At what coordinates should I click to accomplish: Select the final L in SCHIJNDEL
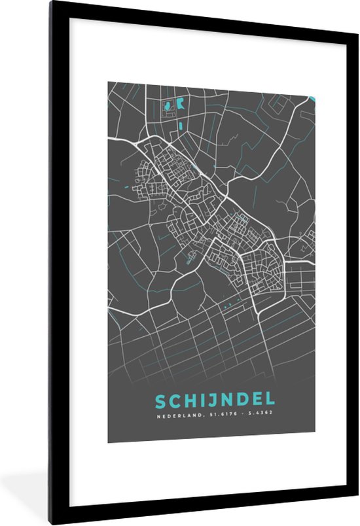(270, 400)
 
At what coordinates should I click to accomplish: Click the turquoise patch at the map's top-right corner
(312, 99)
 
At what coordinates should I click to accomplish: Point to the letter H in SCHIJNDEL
(189, 400)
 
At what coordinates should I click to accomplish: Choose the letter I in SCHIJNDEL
(200, 400)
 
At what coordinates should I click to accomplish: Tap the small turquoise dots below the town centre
(226, 305)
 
